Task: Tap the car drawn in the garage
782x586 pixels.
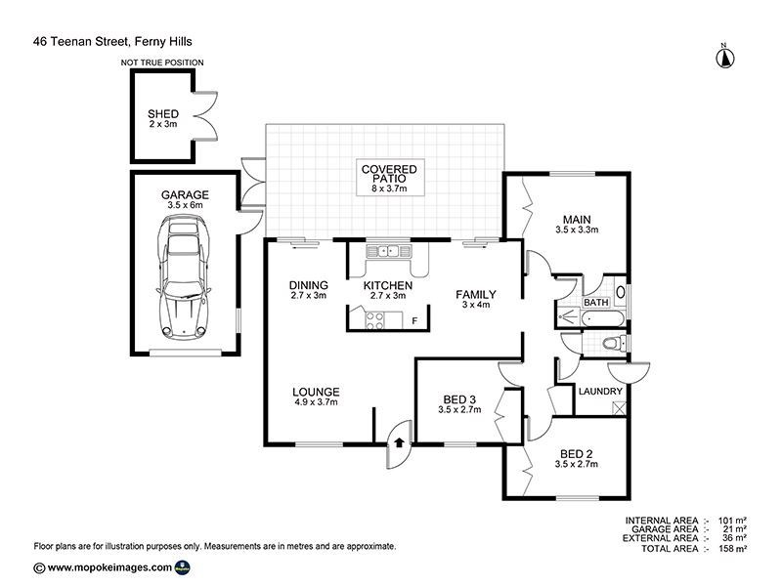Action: (x=184, y=276)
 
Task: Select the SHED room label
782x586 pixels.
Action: (x=163, y=114)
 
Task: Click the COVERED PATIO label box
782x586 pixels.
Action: (x=389, y=178)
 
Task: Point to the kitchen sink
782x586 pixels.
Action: (x=389, y=251)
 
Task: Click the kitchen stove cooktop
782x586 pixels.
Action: (x=375, y=320)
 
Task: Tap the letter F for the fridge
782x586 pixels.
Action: (x=414, y=321)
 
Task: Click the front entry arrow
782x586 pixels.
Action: (x=399, y=442)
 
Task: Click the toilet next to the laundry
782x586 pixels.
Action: (x=615, y=343)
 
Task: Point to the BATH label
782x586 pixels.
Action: (x=596, y=303)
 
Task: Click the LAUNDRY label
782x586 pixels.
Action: (x=600, y=392)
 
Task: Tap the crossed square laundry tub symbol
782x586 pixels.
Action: (x=619, y=408)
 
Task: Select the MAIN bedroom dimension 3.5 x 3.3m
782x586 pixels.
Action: (x=577, y=230)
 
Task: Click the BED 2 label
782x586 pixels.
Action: (x=577, y=454)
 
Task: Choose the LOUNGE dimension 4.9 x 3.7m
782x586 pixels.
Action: (x=316, y=402)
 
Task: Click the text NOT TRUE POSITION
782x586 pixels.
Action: (x=162, y=63)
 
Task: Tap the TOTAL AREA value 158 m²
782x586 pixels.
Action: (x=732, y=549)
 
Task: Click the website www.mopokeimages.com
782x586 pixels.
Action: (x=109, y=567)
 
